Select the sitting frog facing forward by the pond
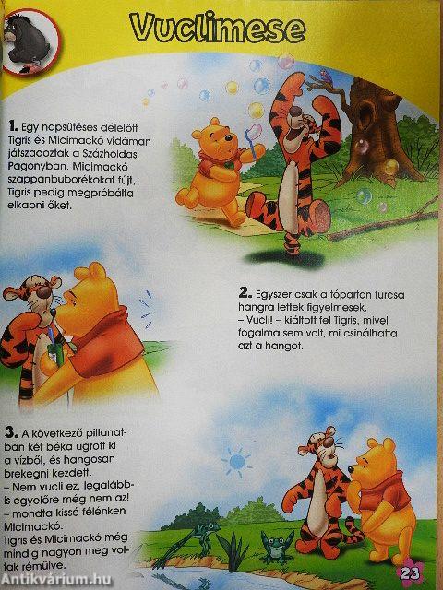point(274,551)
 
